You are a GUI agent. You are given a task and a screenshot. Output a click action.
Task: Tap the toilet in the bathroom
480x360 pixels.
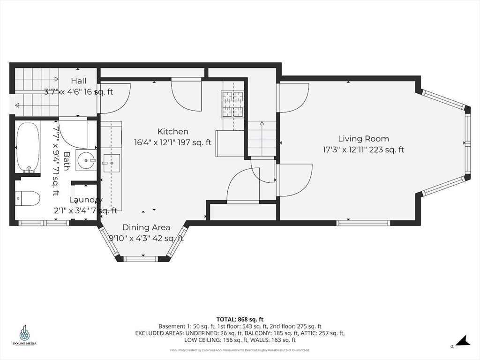click(x=27, y=198)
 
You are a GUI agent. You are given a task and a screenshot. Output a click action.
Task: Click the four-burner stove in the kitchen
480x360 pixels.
click(x=232, y=103)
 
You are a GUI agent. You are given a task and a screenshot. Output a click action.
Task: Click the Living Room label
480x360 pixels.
click(x=363, y=139)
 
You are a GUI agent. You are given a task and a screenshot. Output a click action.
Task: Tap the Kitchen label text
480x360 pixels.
click(x=172, y=132)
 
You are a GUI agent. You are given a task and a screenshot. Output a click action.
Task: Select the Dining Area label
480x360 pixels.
click(x=146, y=227)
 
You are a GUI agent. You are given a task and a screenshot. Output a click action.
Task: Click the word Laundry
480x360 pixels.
click(x=86, y=200)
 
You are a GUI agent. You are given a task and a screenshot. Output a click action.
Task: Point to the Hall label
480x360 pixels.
click(x=79, y=81)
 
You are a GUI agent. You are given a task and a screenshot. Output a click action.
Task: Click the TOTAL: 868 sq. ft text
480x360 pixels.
click(x=240, y=319)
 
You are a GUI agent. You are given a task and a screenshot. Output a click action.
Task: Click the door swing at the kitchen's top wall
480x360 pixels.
click(x=186, y=94)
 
